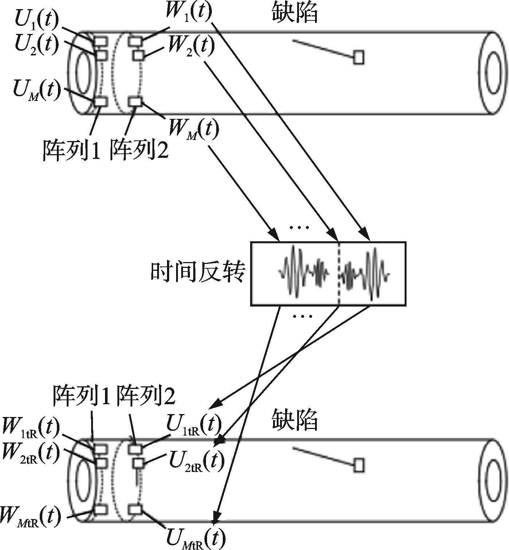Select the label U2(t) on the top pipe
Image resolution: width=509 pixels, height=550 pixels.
coord(36,44)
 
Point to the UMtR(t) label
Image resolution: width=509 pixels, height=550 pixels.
coord(195,538)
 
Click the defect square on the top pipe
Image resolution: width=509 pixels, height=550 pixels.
coord(359,58)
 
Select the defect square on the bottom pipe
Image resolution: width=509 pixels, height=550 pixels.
coord(359,465)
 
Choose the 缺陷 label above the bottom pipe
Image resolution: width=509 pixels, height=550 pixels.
coord(295,420)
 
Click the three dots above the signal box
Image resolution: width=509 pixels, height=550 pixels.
coord(299,228)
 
